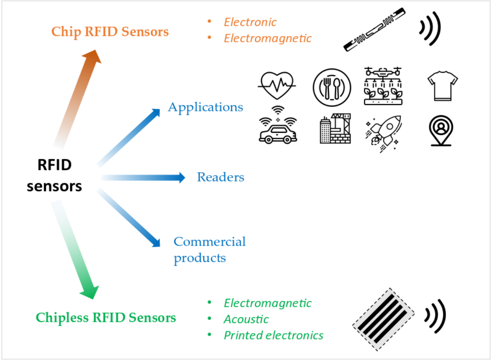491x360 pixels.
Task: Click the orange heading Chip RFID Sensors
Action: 110,32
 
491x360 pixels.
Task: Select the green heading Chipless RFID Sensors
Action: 106,318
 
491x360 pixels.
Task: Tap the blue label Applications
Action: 205,107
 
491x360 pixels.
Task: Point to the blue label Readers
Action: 220,177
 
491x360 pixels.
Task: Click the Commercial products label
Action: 209,250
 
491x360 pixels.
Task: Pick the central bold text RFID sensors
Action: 54,176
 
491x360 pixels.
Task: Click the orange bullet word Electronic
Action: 250,22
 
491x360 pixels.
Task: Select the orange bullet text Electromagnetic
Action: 268,38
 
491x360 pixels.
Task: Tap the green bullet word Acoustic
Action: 246,319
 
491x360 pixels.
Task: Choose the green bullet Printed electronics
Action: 274,335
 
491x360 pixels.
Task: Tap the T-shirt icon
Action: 442,86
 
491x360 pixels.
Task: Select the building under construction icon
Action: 335,128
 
